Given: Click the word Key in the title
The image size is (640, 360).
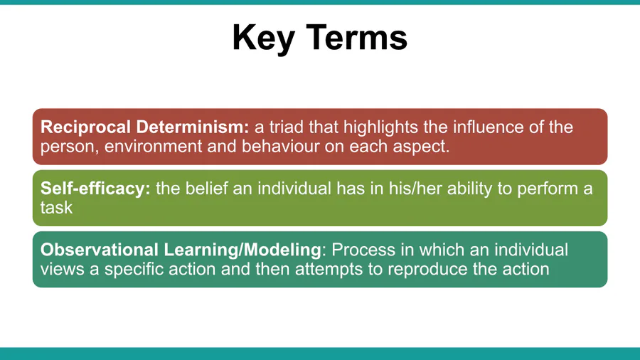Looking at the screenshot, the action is (x=263, y=38).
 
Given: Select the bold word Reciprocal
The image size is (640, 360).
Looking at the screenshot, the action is (x=85, y=127).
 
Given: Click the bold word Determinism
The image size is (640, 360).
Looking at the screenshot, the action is (x=192, y=127).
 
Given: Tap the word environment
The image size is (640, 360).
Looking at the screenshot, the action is (x=153, y=147).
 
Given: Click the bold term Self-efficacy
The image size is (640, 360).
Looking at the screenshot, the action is (x=95, y=189).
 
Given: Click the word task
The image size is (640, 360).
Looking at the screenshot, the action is (x=56, y=207).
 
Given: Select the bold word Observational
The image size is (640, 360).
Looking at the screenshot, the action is (x=99, y=250).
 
